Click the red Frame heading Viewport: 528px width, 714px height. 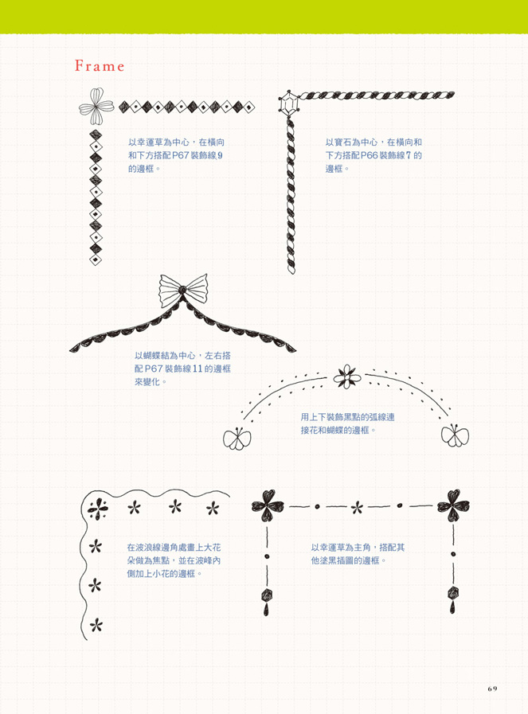[x=100, y=67]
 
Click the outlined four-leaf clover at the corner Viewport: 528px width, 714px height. [x=96, y=107]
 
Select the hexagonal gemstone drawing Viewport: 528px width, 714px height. [x=288, y=103]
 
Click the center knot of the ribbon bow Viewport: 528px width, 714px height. [x=182, y=290]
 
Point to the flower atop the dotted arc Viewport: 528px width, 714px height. [x=346, y=377]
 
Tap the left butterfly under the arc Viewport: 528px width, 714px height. [x=237, y=438]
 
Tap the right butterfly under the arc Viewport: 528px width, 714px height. [x=455, y=435]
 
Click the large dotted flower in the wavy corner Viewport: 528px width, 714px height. [x=97, y=509]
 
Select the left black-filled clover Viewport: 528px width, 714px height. [x=268, y=505]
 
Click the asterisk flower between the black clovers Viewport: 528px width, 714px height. [x=357, y=507]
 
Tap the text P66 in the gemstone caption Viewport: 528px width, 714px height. [x=369, y=156]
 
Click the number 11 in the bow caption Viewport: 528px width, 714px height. [x=197, y=369]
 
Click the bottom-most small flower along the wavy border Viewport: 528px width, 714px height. [x=96, y=625]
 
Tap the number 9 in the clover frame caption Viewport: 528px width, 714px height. [x=220, y=156]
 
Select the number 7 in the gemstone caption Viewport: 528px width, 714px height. [x=409, y=156]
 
